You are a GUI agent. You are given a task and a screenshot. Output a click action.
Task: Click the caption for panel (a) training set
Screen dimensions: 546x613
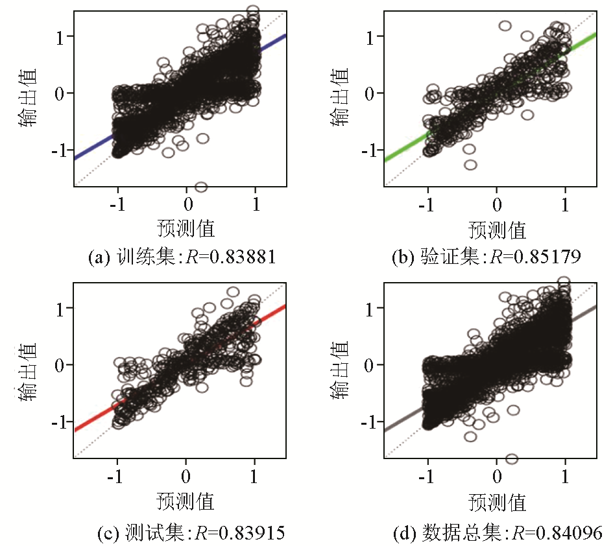click(x=182, y=257)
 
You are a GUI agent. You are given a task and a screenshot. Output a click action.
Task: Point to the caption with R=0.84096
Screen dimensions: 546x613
click(x=498, y=532)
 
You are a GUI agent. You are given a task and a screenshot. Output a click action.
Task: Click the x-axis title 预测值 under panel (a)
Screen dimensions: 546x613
click(x=186, y=228)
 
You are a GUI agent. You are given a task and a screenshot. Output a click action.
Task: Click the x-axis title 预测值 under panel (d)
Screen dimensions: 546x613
click(x=497, y=502)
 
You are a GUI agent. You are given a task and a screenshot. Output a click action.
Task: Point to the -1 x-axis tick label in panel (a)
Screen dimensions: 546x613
click(x=117, y=204)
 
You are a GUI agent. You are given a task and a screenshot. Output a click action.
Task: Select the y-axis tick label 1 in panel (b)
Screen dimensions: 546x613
click(x=371, y=37)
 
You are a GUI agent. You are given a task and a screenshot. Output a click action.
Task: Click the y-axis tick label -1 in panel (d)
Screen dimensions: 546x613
click(x=367, y=421)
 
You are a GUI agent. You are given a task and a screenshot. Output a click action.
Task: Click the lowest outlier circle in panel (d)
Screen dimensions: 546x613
click(x=511, y=458)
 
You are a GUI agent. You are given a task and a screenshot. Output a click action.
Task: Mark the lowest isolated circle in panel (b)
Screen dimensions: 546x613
click(x=470, y=165)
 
